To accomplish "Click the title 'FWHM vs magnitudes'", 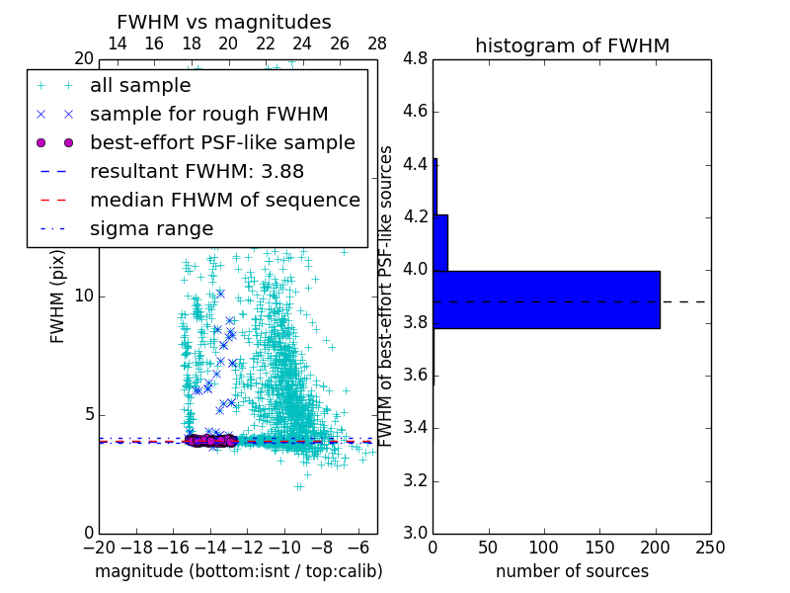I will (x=224, y=22).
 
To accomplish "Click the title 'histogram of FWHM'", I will (x=572, y=45).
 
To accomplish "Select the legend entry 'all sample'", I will (x=140, y=85).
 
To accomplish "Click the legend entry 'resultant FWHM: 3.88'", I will (x=197, y=171).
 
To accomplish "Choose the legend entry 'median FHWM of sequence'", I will (x=224, y=200).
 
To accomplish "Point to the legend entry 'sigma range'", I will (x=151, y=228).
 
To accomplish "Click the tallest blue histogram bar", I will (x=546, y=299).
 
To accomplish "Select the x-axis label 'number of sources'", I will (x=572, y=571).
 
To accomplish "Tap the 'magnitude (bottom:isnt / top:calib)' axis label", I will (x=238, y=571).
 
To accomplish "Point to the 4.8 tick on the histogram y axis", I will (x=415, y=59).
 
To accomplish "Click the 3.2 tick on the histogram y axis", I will (x=415, y=481).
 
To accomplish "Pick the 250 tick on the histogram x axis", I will (x=710, y=547).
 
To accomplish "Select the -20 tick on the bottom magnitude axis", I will (x=99, y=547).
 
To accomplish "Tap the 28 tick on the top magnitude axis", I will (x=377, y=43).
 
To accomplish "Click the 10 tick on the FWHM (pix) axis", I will (x=84, y=296).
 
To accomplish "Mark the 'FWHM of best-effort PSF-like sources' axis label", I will (x=387, y=296).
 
